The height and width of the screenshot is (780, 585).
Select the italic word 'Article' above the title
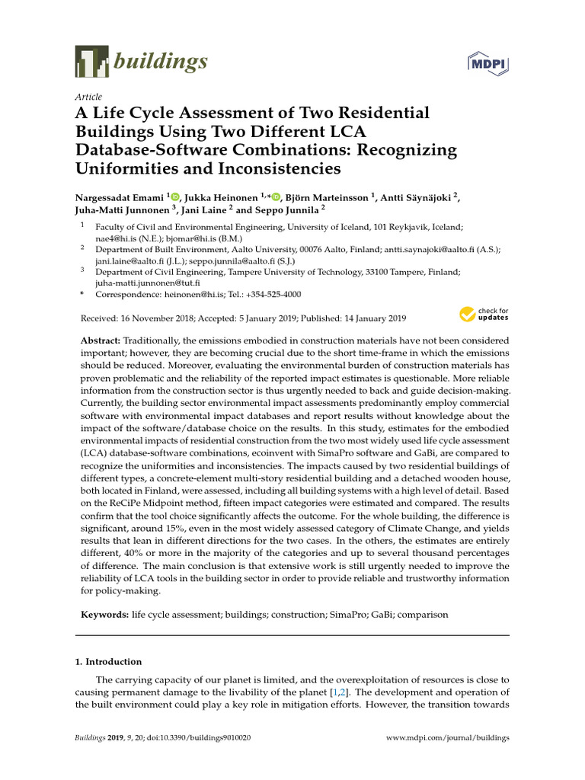pyautogui.click(x=88, y=97)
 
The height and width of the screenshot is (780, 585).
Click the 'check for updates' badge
pyautogui.click(x=484, y=314)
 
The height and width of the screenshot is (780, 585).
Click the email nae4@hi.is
pyautogui.click(x=111, y=238)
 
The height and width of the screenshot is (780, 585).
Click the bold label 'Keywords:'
pyautogui.click(x=104, y=614)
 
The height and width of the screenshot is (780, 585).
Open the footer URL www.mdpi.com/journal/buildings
pyautogui.click(x=448, y=738)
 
